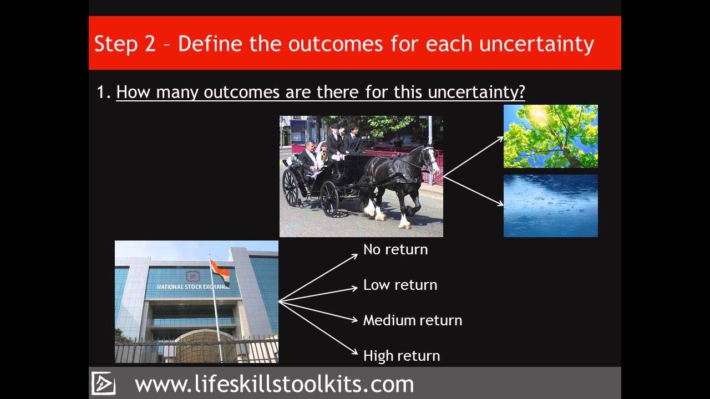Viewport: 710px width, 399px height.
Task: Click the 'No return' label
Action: pos(395,249)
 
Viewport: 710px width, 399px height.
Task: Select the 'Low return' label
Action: pos(400,285)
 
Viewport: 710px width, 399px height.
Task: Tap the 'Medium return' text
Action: pos(412,320)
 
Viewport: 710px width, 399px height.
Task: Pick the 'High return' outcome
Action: pos(401,356)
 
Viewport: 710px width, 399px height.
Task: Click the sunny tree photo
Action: pos(550,136)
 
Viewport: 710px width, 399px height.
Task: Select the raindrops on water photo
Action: pos(550,206)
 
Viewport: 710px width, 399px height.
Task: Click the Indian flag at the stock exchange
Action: pos(220,272)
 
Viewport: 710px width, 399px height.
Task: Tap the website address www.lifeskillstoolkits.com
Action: pos(274,384)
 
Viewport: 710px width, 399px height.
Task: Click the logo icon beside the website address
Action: pos(103,383)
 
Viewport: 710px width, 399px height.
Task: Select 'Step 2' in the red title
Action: pos(125,43)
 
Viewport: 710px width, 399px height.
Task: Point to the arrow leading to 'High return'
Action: pos(319,328)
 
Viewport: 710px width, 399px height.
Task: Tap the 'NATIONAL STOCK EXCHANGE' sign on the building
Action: pos(192,287)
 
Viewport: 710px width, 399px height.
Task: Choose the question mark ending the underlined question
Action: pos(520,92)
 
